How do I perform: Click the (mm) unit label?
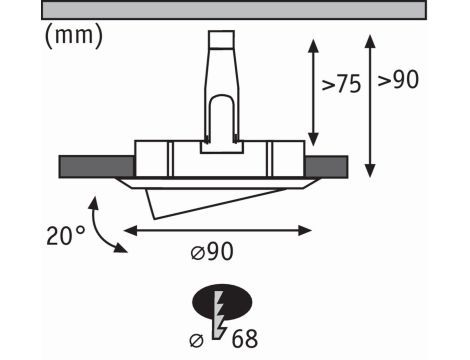coord(74,36)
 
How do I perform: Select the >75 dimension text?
coord(341,84)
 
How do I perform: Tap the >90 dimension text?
coord(398,80)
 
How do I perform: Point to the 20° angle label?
coord(65,236)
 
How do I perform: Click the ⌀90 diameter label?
coord(212,252)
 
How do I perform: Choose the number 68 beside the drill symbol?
coord(245,339)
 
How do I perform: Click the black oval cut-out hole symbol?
coord(222,302)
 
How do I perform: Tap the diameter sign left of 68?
coord(196,341)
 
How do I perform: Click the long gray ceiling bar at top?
coord(234,9)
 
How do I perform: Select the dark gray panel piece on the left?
coord(97,166)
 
